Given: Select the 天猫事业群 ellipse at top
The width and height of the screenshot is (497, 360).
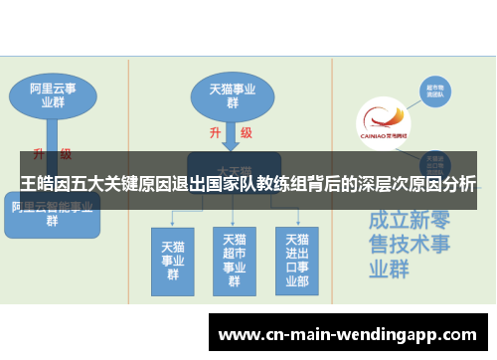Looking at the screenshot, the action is coord(232,94).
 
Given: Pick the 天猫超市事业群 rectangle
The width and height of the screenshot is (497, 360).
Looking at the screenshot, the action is coord(234,260).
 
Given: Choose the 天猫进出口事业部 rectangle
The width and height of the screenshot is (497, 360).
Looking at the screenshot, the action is coord(296,260).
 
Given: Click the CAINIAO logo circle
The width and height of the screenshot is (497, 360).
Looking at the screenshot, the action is coord(383,124).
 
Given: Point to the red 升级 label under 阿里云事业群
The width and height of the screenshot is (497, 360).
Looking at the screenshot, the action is coord(52,154).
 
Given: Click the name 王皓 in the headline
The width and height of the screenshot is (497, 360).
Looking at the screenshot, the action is coord(37,184).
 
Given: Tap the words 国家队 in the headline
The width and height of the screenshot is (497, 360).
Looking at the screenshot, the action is coord(227,184).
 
